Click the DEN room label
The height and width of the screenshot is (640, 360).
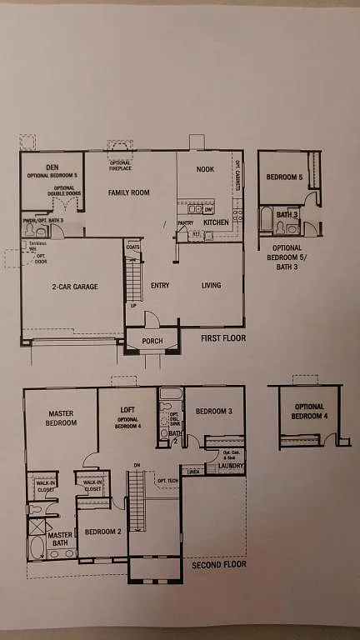pyautogui.click(x=52, y=167)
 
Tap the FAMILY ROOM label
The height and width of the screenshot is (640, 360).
pyautogui.click(x=128, y=192)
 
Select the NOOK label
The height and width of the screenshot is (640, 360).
pyautogui.click(x=205, y=169)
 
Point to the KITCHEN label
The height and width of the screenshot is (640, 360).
pyautogui.click(x=216, y=222)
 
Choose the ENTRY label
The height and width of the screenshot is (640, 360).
pyautogui.click(x=160, y=286)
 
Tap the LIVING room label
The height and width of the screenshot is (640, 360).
pyautogui.click(x=211, y=286)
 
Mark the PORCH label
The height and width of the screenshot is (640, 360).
pyautogui.click(x=152, y=340)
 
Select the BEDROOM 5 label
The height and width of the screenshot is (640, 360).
pyautogui.click(x=285, y=177)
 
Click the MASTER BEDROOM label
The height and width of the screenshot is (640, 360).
pyautogui.click(x=62, y=417)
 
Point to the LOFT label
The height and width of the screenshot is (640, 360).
pyautogui.click(x=127, y=410)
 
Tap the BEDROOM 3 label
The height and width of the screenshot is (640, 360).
pyautogui.click(x=214, y=412)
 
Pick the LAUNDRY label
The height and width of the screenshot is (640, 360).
pyautogui.click(x=230, y=467)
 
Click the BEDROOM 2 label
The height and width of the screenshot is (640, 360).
pyautogui.click(x=102, y=531)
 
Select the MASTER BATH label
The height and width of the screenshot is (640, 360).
pyautogui.click(x=59, y=540)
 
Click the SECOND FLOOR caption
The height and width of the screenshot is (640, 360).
pyautogui.click(x=218, y=564)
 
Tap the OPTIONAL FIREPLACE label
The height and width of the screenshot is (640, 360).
pyautogui.click(x=120, y=167)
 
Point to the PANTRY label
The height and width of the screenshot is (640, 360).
pyautogui.click(x=184, y=222)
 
